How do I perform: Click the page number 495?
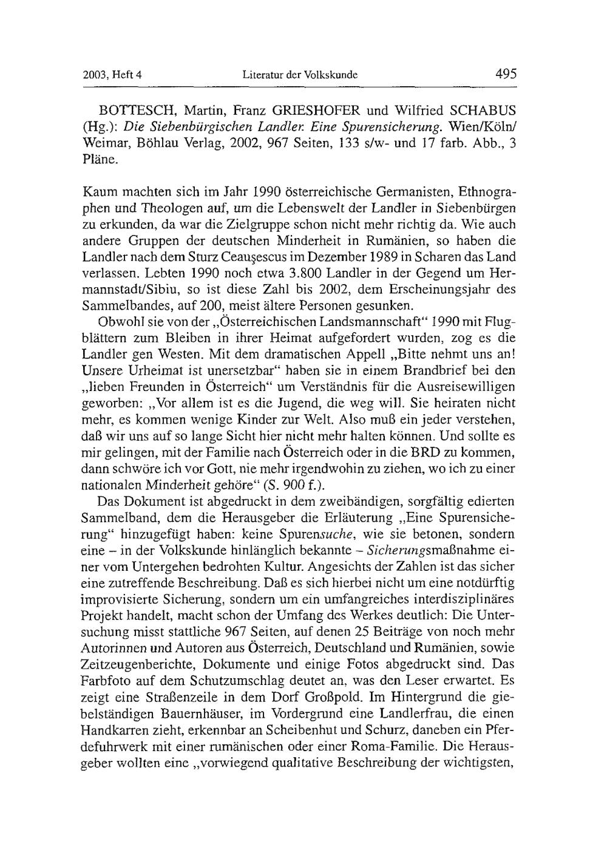[x=505, y=75]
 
